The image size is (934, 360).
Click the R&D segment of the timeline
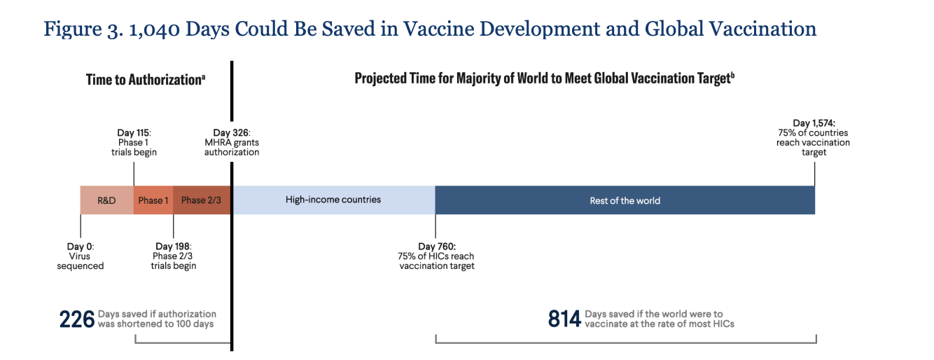coord(106,200)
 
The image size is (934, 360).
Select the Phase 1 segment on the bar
coord(153,200)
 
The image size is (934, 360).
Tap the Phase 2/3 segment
coord(201,200)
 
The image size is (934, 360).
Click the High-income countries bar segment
coord(333,200)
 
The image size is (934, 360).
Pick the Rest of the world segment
coord(625,200)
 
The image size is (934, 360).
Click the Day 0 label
coord(80,247)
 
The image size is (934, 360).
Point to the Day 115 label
coord(134,132)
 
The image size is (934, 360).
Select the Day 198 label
coord(174,247)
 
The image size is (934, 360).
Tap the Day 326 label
coord(232,132)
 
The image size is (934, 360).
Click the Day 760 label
coord(437,247)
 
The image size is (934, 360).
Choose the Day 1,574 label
coord(814,123)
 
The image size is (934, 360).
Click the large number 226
coord(77,319)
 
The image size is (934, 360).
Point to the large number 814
coord(564,319)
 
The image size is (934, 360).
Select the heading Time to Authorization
coord(145,80)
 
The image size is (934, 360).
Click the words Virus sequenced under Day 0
coord(80,261)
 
